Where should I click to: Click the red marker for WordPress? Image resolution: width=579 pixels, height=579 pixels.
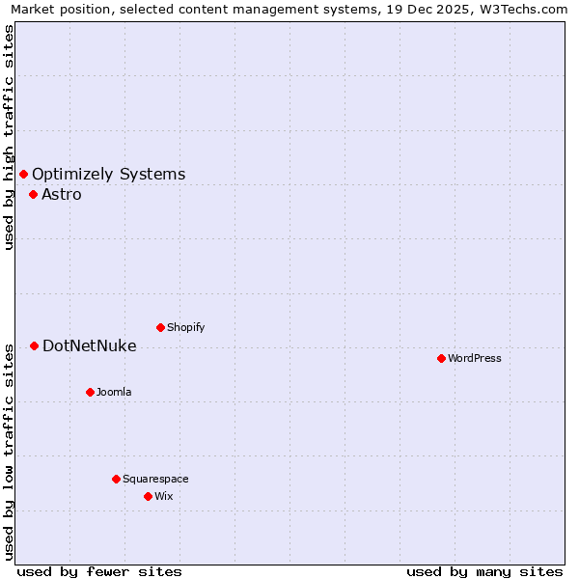(x=441, y=358)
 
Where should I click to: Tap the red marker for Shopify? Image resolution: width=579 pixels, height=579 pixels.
(x=160, y=327)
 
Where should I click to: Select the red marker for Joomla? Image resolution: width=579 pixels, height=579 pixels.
(x=90, y=392)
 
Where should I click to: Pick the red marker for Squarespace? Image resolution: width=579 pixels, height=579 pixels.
(x=116, y=479)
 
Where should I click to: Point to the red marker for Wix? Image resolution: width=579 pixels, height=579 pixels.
(x=148, y=496)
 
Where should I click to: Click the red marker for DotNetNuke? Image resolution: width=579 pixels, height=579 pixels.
(x=34, y=345)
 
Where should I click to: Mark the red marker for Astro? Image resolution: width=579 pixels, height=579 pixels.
(x=33, y=194)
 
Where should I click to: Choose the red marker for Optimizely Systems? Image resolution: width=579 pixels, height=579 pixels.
(x=23, y=174)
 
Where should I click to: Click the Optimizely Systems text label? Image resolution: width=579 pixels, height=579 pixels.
(x=108, y=175)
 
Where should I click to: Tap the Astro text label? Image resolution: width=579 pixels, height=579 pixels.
(x=61, y=195)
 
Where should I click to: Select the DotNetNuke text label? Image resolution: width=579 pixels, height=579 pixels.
(x=89, y=346)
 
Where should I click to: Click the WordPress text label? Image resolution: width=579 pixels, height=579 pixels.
(x=474, y=358)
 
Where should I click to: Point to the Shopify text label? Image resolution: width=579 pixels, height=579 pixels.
(x=185, y=327)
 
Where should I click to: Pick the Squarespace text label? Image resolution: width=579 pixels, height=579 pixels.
(x=155, y=479)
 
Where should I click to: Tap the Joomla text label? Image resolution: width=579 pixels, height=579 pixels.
(x=114, y=392)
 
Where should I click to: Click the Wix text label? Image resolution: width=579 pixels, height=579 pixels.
(x=163, y=496)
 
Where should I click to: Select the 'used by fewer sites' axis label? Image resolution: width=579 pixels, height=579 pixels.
(x=99, y=571)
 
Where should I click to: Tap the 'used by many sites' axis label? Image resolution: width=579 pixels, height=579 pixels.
(x=484, y=571)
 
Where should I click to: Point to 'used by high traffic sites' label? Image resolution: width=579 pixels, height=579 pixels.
(x=9, y=137)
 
